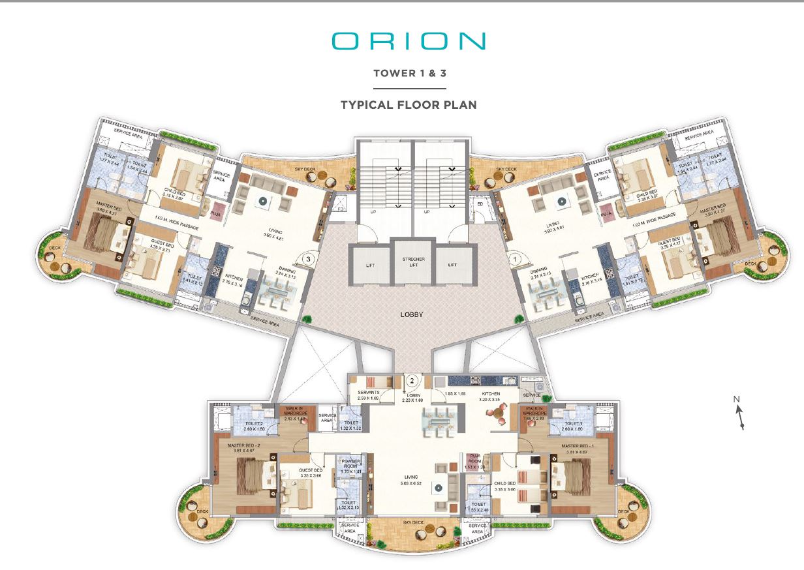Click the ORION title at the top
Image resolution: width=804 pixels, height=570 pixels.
tap(409, 40)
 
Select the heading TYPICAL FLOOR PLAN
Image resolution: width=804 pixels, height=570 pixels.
tap(409, 104)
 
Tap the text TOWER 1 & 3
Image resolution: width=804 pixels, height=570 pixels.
tap(409, 73)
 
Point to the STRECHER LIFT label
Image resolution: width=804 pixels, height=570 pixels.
tap(412, 262)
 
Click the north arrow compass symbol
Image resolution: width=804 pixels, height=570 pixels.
tap(739, 413)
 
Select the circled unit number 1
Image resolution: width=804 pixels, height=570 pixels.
tap(514, 258)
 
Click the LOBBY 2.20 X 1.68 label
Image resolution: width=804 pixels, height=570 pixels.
tap(412, 398)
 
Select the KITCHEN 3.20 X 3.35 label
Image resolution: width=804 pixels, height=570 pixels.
tap(491, 397)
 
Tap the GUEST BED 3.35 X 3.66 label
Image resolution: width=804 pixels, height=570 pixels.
tap(310, 472)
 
